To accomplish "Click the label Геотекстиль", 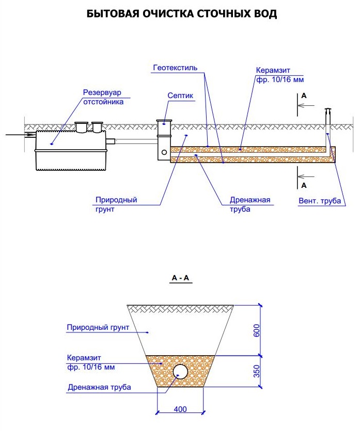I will tap(176, 68).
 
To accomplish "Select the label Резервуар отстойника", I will tap(104, 97).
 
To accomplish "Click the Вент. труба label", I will tap(320, 201).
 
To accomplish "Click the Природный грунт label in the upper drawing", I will tap(116, 205).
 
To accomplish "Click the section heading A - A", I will tap(181, 279).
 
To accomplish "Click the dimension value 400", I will tap(180, 409).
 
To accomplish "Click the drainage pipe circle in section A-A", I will tap(180, 371).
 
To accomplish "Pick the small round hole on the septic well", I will tap(164, 152).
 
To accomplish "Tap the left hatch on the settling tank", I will tap(82, 126).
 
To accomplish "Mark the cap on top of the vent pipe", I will tap(327, 110).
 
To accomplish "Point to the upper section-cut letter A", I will tap(304, 96).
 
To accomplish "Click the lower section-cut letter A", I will tap(304, 184).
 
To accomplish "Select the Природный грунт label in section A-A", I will tap(98, 327).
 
